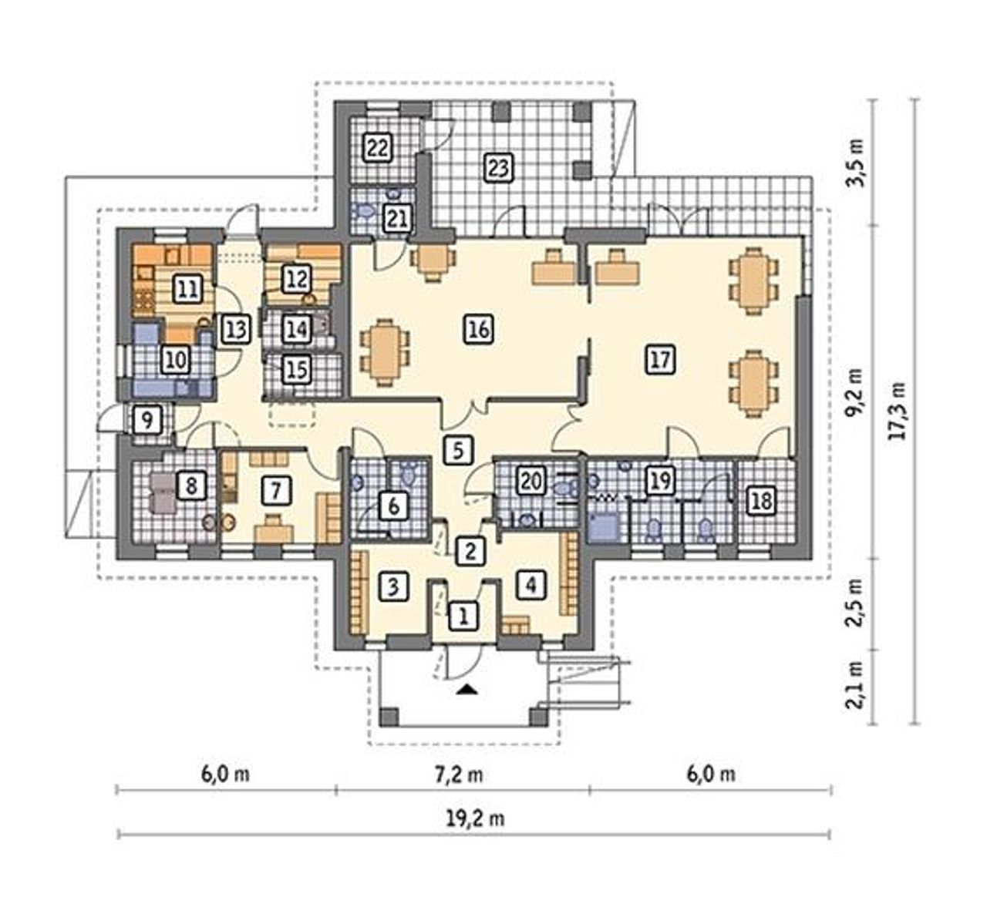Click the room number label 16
point(479,329)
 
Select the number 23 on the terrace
point(498,168)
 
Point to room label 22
point(377,148)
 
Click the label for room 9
point(147,420)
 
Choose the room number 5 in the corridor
point(457,449)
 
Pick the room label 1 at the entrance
point(463,616)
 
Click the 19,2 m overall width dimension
point(476,819)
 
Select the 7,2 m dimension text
point(460,774)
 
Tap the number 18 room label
point(760,502)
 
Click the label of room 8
point(191,486)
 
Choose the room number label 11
point(187,289)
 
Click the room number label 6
point(393,507)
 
